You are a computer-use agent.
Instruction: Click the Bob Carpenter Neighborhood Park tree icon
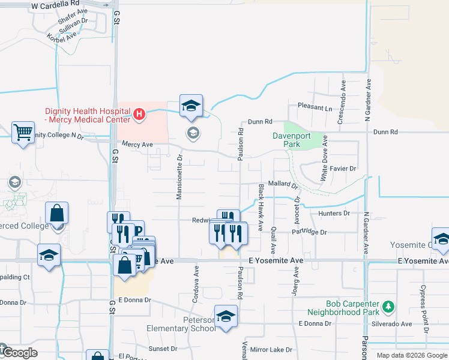click(388, 307)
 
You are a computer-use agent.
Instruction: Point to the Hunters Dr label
click(334, 213)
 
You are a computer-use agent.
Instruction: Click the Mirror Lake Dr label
click(271, 349)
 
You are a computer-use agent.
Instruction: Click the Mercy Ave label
click(137, 144)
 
